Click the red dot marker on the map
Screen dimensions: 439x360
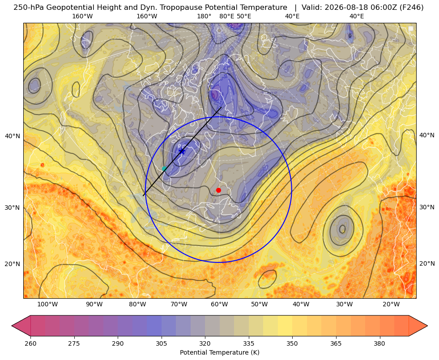coord(219,190)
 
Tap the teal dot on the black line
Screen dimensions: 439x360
coord(164,169)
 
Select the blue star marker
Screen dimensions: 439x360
coord(182,152)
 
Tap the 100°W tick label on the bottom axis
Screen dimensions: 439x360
coord(47,305)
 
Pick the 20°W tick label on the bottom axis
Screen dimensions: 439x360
coord(391,305)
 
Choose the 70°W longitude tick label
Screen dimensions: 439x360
coord(179,305)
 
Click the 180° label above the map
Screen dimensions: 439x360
coord(205,16)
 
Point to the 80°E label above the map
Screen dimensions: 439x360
coord(227,16)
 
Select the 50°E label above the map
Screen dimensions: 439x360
coord(244,16)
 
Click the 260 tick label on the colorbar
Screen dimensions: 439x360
coord(30,343)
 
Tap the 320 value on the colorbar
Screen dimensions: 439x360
coord(205,343)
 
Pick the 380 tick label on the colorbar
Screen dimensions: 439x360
coord(379,343)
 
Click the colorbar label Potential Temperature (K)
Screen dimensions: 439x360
coord(219,352)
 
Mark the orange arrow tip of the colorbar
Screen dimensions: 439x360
coord(427,326)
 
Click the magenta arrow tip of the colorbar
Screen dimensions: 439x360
coord(12,326)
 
